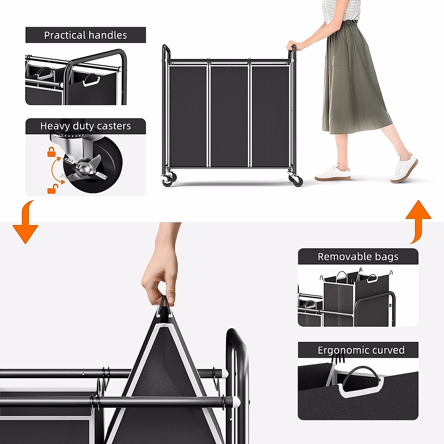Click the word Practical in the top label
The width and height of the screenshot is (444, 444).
(x=64, y=35)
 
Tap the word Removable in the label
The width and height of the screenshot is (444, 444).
(x=340, y=257)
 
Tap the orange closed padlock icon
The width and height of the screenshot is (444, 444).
(x=51, y=152)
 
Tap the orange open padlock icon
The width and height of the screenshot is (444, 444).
(x=52, y=189)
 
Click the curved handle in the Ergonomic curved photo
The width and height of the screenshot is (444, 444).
(x=361, y=376)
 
